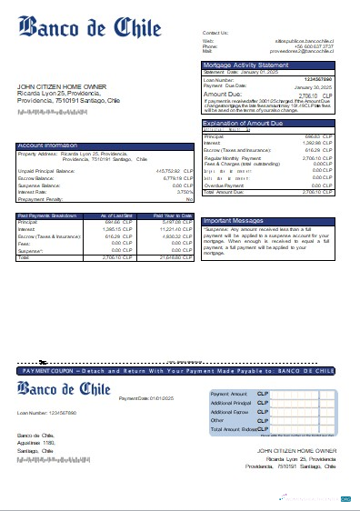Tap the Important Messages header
coord(235,221)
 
